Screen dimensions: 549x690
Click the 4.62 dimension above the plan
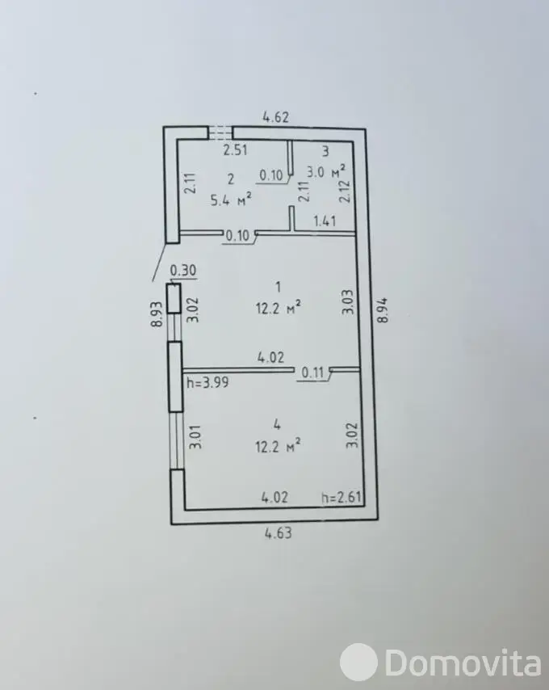275,117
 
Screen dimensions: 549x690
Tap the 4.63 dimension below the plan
278,533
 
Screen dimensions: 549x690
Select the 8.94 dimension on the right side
383,311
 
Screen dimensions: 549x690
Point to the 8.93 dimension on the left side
157,313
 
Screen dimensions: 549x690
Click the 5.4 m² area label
231,200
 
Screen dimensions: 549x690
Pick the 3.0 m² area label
325,170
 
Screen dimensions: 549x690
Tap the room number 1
278,288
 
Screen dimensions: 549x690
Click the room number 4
277,425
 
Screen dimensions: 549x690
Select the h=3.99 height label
207,382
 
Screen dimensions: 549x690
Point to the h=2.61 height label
342,497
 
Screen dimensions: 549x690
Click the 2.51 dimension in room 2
235,150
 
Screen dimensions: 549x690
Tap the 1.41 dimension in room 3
325,221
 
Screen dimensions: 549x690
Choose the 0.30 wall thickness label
182,270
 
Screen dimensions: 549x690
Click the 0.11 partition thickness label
312,373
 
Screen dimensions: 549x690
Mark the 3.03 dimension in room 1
348,301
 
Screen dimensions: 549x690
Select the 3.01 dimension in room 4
195,436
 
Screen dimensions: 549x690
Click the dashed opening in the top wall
220,133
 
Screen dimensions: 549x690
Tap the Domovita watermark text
463,663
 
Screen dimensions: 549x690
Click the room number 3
325,151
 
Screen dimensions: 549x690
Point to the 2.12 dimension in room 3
345,191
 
